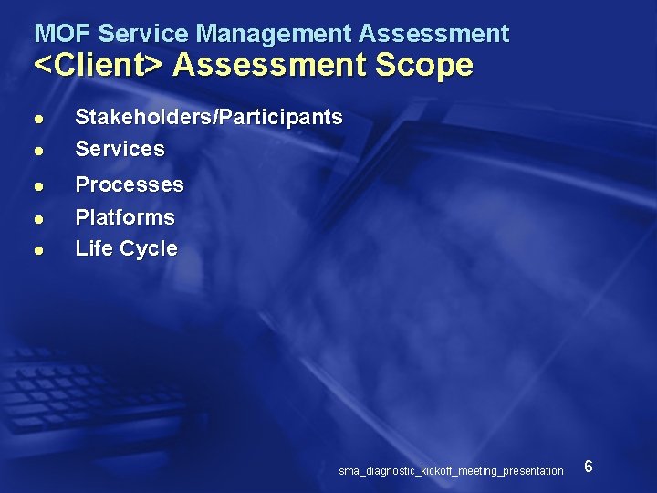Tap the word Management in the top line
(x=274, y=34)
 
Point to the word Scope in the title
(x=428, y=66)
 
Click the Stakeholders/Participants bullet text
(x=209, y=117)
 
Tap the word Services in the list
(x=120, y=148)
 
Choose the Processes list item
(x=130, y=184)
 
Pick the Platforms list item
(x=125, y=217)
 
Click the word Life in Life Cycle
(x=92, y=248)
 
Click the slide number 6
(x=589, y=467)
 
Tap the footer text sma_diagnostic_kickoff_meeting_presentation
(x=451, y=471)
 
